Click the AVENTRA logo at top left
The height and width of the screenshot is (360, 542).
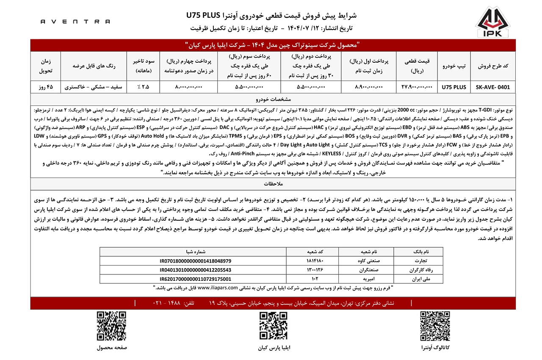[x=75, y=21]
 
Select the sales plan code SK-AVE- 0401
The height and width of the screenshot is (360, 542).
[x=492, y=87]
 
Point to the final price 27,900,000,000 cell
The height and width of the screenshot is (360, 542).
[x=417, y=87]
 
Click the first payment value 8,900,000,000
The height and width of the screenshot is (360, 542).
[x=368, y=87]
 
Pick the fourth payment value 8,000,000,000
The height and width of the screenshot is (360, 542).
[x=188, y=87]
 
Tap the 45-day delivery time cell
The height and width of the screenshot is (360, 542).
[x=46, y=87]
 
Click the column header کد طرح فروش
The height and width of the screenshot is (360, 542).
[x=492, y=66]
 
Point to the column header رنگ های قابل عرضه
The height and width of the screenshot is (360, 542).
[x=94, y=66]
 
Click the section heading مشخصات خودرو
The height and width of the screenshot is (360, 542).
[x=271, y=100]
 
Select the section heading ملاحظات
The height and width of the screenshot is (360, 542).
[x=271, y=183]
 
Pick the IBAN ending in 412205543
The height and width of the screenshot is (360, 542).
[x=196, y=270]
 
